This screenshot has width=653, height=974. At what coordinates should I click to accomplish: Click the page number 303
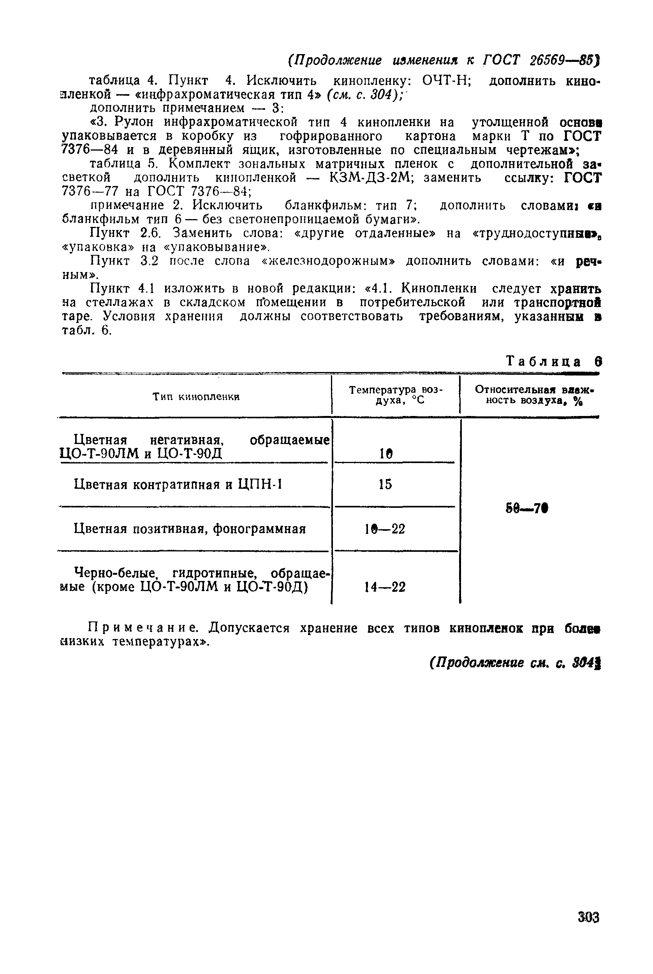588,917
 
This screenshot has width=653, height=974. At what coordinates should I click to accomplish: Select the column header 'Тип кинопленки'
196,397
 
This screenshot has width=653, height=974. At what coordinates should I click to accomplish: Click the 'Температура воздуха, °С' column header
396,395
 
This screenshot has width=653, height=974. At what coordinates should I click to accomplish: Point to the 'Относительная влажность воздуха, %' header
533,395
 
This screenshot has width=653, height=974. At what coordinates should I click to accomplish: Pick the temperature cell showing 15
385,484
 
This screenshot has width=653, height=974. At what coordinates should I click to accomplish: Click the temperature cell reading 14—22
385,587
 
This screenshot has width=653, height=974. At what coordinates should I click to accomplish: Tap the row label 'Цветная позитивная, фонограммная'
190,529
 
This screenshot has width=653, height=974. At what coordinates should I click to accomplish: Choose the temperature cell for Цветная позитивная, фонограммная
385,529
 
